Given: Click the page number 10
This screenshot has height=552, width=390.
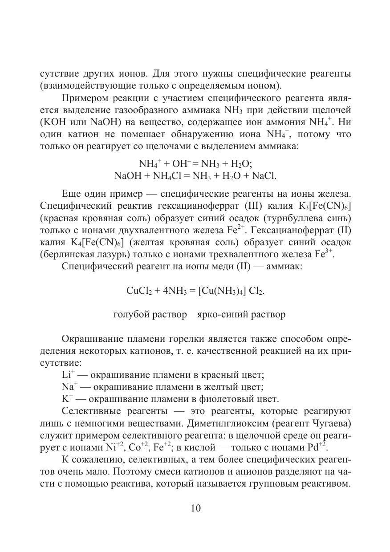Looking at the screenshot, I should (196, 508).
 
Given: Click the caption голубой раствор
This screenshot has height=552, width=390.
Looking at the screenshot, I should (150, 315).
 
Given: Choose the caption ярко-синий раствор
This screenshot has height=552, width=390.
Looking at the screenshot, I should (241, 315).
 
